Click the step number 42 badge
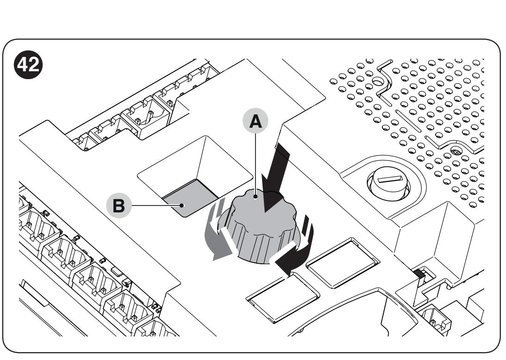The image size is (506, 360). [x=28, y=64]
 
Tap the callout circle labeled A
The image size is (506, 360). [x=255, y=121]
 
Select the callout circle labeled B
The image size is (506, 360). [x=119, y=205]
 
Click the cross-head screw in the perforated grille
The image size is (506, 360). [x=456, y=151]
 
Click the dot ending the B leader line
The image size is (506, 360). [x=182, y=205]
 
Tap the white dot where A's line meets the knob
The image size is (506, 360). [x=256, y=197]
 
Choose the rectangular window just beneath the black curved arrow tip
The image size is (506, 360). [x=282, y=298]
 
